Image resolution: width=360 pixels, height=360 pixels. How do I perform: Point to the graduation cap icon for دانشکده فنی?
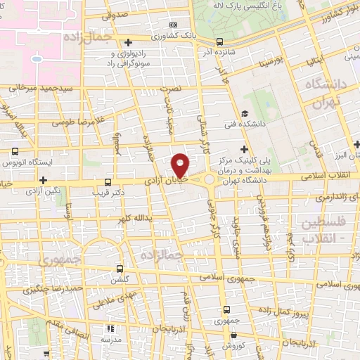(244, 113)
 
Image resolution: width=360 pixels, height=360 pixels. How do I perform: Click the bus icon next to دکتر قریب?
(108, 181)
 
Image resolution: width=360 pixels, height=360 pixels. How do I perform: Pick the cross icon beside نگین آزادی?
(44, 181)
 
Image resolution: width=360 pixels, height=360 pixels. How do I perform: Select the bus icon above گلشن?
(120, 269)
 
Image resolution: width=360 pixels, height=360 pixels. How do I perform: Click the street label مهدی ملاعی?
(103, 303)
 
